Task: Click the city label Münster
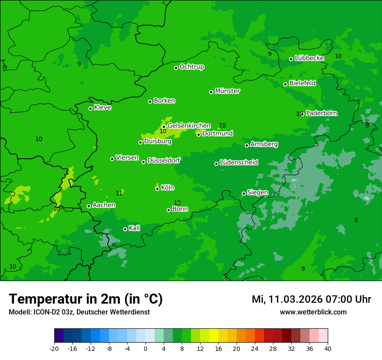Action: (227, 91)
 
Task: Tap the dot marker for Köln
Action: (157, 189)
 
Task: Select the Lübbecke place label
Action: (309, 58)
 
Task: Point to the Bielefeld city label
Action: (302, 83)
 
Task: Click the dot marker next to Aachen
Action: (89, 206)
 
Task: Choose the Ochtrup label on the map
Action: (192, 67)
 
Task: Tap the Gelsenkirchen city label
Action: (189, 126)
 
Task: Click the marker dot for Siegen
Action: (244, 193)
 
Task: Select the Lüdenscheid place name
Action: (239, 163)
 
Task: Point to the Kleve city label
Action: (102, 108)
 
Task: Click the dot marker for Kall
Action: (125, 229)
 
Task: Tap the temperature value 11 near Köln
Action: (119, 193)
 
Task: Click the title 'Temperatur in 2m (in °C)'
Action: (86, 299)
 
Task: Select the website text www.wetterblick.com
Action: (313, 312)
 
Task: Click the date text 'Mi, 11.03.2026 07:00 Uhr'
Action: (311, 299)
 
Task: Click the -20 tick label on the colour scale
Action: (54, 348)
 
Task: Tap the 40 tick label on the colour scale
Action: (328, 348)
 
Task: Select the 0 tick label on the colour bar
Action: (145, 348)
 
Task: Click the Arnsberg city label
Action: (264, 144)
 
